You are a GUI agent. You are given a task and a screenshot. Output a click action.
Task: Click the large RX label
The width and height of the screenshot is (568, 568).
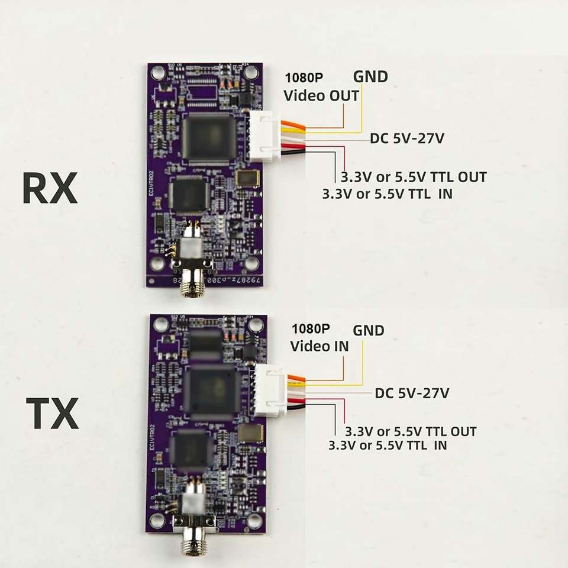pos(50,189)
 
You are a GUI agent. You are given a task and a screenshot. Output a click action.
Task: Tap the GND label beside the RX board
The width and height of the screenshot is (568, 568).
pos(370,76)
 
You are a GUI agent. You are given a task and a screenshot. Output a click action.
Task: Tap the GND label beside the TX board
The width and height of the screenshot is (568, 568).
pos(369,330)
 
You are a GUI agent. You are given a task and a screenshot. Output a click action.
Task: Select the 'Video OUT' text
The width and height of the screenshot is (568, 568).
pos(321,95)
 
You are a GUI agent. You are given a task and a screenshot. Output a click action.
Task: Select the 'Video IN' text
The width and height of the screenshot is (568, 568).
pos(319,346)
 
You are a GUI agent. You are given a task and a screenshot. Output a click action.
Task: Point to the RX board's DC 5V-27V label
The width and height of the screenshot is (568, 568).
pos(407,139)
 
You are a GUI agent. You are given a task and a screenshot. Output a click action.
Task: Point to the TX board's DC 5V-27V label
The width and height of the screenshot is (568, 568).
pos(412,392)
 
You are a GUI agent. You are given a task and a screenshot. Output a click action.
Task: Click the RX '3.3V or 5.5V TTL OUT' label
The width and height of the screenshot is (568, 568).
pos(414,177)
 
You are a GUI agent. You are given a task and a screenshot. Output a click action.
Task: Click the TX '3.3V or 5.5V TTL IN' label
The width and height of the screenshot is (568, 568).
pos(388,445)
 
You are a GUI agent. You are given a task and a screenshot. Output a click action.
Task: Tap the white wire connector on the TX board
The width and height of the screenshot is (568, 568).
pos(264,390)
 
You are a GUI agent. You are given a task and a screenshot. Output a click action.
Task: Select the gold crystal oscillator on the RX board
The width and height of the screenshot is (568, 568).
pos(244,179)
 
